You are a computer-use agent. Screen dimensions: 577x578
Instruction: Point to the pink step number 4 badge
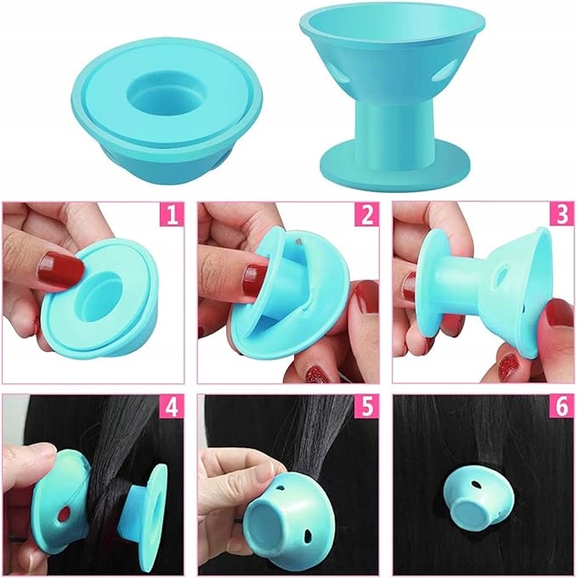[x=173, y=406]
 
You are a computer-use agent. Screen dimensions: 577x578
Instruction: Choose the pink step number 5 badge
[x=367, y=406]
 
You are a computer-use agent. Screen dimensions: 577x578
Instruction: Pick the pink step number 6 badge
[x=563, y=406]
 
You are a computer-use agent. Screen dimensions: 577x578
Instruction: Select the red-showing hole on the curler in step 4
[x=65, y=513]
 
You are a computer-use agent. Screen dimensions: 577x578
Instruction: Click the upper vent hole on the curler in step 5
[x=280, y=489]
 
